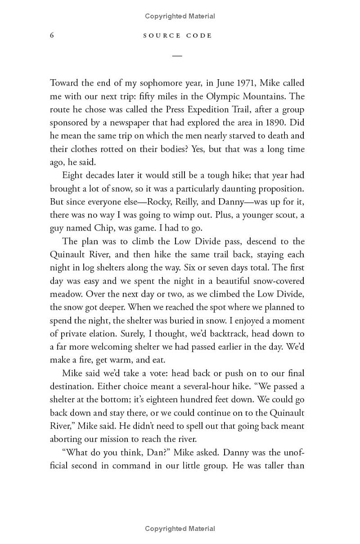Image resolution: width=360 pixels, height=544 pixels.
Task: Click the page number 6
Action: [x=52, y=36]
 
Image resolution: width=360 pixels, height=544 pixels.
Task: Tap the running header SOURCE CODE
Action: [x=177, y=36]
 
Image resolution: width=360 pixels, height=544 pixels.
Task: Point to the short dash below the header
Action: [x=177, y=55]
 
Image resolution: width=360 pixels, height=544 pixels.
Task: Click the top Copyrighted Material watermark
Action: [x=180, y=16]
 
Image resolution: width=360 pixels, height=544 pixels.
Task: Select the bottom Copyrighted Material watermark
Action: [x=180, y=529]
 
